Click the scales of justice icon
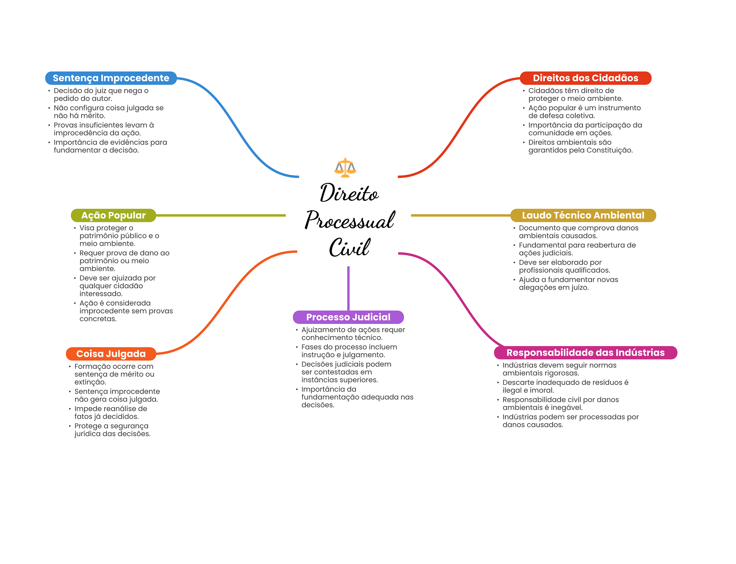345,168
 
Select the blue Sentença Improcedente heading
111,78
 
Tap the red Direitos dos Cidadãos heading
585,78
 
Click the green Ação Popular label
113,215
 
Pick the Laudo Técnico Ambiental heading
583,215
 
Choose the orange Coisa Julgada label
111,354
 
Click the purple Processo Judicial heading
348,317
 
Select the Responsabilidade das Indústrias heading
585,353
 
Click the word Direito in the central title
349,193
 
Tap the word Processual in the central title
350,220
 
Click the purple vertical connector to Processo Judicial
348,288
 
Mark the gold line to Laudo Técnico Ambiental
460,215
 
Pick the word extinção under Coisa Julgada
90,382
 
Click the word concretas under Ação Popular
98,319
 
